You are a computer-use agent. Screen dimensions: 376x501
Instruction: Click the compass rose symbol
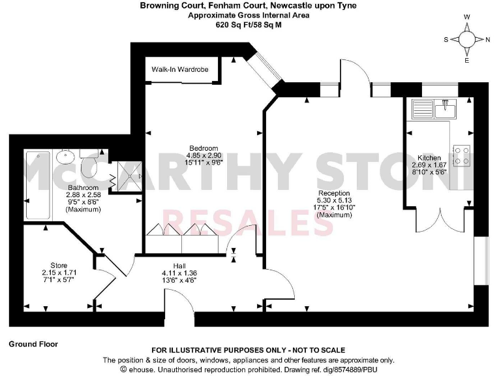pos(467,39)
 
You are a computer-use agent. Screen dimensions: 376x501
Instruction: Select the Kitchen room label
pos(429,158)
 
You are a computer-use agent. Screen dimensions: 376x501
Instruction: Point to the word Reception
pos(333,193)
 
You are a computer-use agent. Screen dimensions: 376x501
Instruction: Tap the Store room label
pos(59,265)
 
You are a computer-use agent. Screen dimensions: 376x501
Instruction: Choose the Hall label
pos(179,265)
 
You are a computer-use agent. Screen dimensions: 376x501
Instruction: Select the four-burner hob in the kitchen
pos(462,155)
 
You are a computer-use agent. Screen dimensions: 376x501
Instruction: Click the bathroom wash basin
pos(65,157)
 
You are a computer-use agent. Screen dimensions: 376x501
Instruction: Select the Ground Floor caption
pos(33,343)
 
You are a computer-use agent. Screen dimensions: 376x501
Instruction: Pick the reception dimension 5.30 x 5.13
pos(333,200)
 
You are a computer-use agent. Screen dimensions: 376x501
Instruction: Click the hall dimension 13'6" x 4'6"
pos(179,280)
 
